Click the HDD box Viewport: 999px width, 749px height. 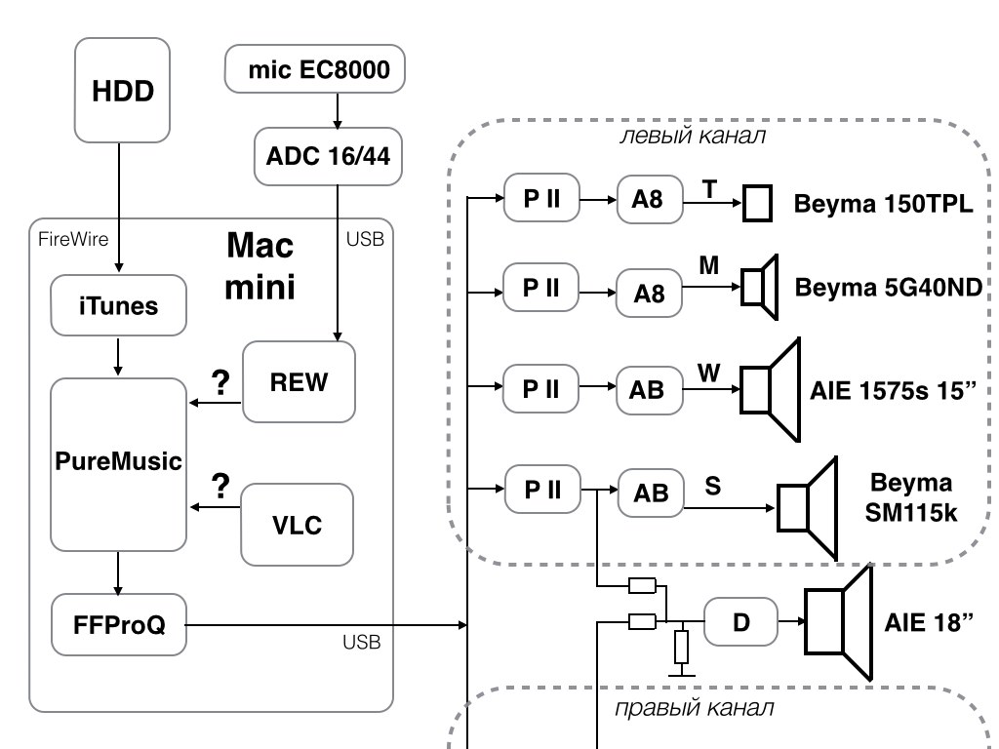tap(123, 91)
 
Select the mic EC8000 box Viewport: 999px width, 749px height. tap(313, 68)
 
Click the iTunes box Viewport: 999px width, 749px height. tap(118, 305)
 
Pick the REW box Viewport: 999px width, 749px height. tap(299, 381)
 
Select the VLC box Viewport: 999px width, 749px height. tap(298, 524)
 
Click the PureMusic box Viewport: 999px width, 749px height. tap(118, 462)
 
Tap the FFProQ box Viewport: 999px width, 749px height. tap(118, 623)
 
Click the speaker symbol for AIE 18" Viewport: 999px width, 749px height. tap(836, 621)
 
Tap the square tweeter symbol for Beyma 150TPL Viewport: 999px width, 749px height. tap(758, 204)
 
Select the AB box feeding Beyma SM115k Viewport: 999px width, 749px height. tap(651, 493)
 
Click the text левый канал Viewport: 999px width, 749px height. tap(693, 137)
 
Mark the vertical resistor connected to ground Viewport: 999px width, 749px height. tap(681, 646)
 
